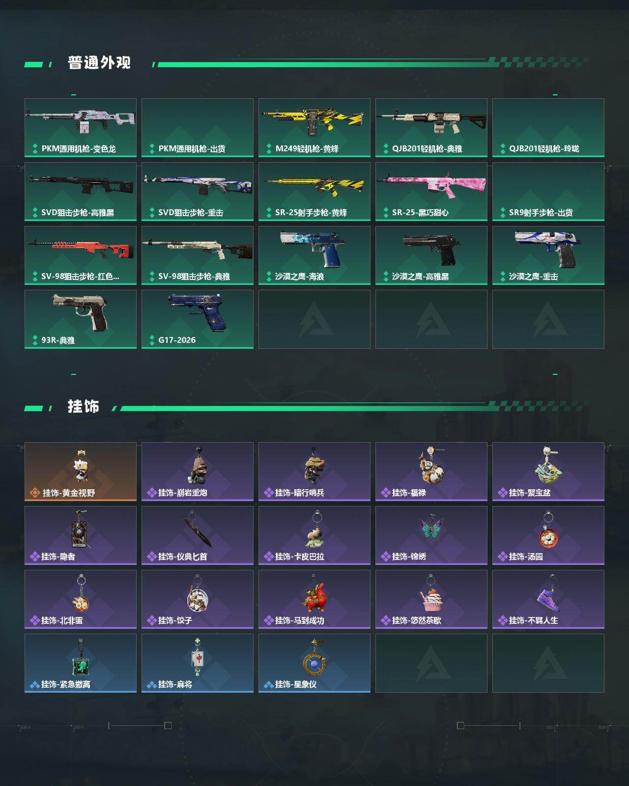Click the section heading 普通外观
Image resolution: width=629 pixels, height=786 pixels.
(x=99, y=63)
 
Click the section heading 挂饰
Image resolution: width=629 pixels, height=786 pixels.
(x=84, y=407)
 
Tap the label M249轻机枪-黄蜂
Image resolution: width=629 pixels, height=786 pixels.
(x=307, y=149)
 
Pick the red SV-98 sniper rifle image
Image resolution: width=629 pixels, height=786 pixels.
(x=81, y=248)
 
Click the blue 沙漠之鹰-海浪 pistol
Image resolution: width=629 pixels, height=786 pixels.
(x=313, y=248)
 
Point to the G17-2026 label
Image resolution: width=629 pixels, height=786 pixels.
(x=177, y=340)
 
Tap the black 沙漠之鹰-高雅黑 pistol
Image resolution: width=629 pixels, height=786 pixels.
(x=431, y=248)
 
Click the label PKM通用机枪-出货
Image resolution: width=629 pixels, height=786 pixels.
(x=192, y=149)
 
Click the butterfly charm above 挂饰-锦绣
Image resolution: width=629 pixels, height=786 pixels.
(x=431, y=530)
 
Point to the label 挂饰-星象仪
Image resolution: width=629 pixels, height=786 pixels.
(x=295, y=684)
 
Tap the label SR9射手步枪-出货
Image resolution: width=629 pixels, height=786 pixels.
(x=541, y=213)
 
